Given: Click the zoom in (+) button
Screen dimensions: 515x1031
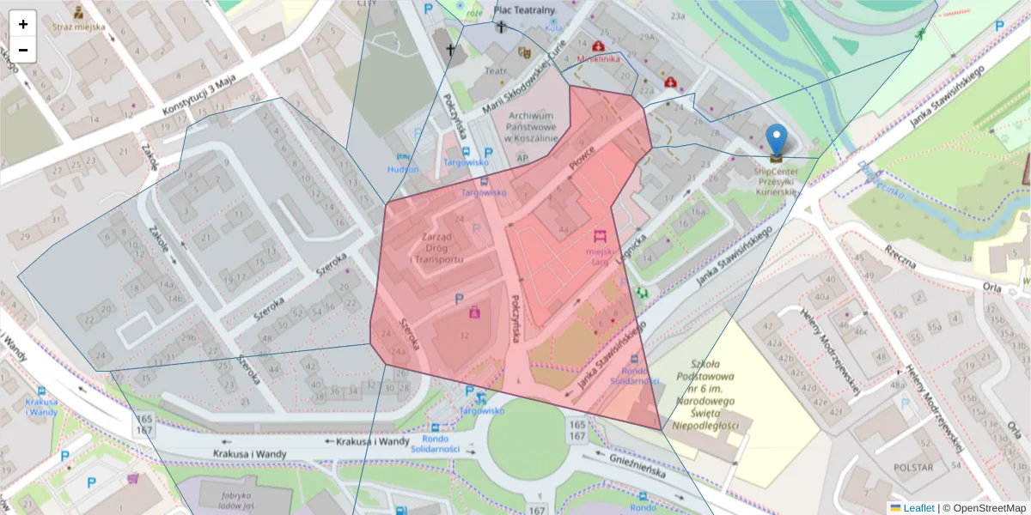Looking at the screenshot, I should [23, 24].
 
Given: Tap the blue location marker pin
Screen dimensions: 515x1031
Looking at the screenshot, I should [776, 140].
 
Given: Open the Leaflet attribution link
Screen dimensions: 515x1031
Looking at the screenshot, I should [918, 508].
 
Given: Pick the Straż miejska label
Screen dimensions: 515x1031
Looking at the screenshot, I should [79, 27].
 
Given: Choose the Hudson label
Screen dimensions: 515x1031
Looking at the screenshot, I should [403, 169].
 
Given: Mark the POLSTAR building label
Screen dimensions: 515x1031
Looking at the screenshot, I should [913, 468].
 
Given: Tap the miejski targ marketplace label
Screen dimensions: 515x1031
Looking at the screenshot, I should [601, 257].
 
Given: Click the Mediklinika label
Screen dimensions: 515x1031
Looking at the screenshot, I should [599, 60].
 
